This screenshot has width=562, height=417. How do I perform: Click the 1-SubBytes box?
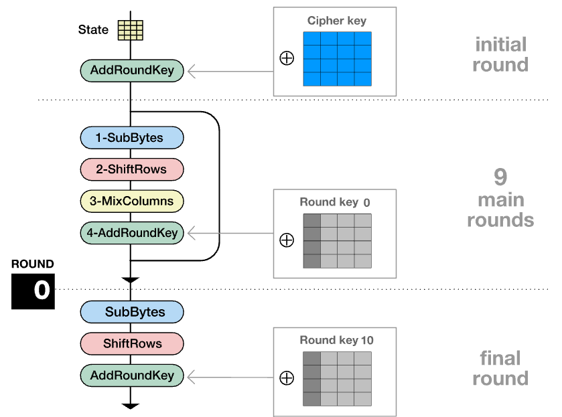(x=131, y=137)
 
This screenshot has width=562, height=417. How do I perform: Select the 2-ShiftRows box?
(x=131, y=169)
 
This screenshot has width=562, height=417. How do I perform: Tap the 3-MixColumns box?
(x=131, y=201)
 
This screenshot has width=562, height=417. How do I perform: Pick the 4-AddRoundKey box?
(x=131, y=233)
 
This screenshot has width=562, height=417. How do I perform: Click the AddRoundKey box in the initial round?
(x=131, y=70)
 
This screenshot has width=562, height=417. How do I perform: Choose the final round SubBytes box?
(x=131, y=312)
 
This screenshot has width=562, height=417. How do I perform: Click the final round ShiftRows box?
(x=131, y=343)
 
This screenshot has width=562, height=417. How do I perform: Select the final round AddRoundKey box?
(x=131, y=376)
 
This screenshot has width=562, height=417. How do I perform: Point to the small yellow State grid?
(x=131, y=30)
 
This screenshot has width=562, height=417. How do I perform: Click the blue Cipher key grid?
(x=337, y=59)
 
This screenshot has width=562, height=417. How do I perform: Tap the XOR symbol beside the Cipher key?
(x=287, y=58)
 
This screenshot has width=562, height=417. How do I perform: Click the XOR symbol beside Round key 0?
(x=287, y=240)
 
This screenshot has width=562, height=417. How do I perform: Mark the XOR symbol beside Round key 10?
(x=287, y=378)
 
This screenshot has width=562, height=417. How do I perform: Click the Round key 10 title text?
(x=336, y=340)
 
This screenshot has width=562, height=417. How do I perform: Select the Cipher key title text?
(x=337, y=21)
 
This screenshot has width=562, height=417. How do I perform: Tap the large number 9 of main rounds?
(x=500, y=177)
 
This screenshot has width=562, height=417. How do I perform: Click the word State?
(x=93, y=30)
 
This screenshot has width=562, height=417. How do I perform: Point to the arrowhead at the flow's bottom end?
(x=131, y=405)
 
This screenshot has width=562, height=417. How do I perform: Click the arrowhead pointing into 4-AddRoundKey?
(x=192, y=233)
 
